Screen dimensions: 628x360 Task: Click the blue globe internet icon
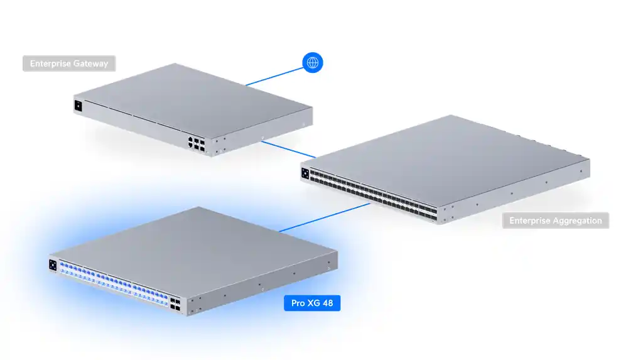pos(312,63)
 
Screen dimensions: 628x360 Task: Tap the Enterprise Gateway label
pos(69,63)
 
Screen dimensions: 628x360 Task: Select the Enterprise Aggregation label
pos(556,221)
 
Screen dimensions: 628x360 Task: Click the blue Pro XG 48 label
pos(312,303)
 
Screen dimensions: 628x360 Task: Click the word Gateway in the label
pos(90,63)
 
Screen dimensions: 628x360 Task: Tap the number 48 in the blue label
pos(328,303)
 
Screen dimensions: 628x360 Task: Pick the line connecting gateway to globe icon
pos(275,77)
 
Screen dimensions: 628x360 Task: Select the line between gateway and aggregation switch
pos(288,150)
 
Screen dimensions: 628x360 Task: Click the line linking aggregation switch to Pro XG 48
pos(325,217)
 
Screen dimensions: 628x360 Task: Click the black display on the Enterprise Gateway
pos(78,106)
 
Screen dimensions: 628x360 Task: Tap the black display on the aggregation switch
pos(305,173)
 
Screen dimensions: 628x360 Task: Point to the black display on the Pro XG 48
pos(53,265)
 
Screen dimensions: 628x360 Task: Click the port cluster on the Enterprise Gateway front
pos(196,144)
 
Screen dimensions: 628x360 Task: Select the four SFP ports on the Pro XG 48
pos(175,304)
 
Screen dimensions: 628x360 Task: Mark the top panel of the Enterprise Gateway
pos(193,101)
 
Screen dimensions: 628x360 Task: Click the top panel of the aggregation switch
pos(445,160)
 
